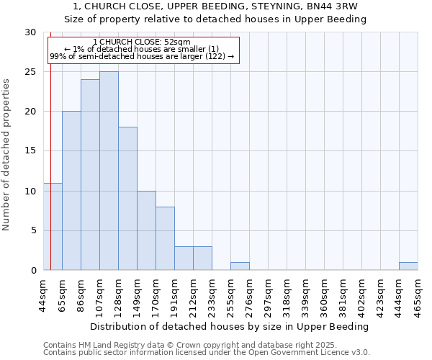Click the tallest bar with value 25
point(109,171)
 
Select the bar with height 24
point(90,175)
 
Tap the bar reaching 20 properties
point(71,191)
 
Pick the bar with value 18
point(127,199)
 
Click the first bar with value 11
point(53,227)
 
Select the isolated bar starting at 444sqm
point(408,266)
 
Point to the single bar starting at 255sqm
point(240,266)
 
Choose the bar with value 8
point(165,238)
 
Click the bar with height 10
point(146,230)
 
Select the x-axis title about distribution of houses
point(230,326)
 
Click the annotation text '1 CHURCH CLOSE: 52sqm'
point(142,42)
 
